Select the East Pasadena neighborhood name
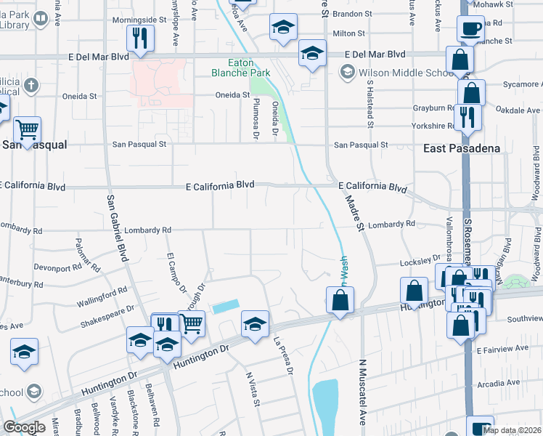tap(462, 148)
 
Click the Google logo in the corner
tap(24, 427)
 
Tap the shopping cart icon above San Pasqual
tap(28, 130)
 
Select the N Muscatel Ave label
tap(361, 392)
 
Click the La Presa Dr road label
tap(282, 355)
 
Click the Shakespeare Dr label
tap(107, 314)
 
